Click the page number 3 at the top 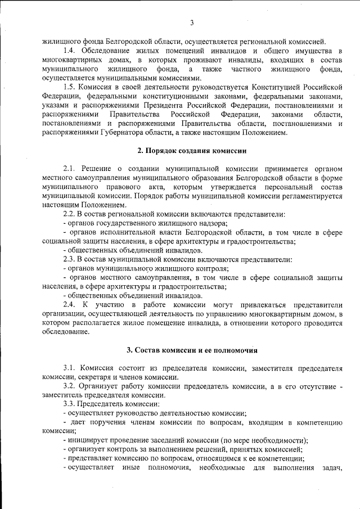tap(192, 22)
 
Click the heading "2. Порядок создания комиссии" tap(192, 150)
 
